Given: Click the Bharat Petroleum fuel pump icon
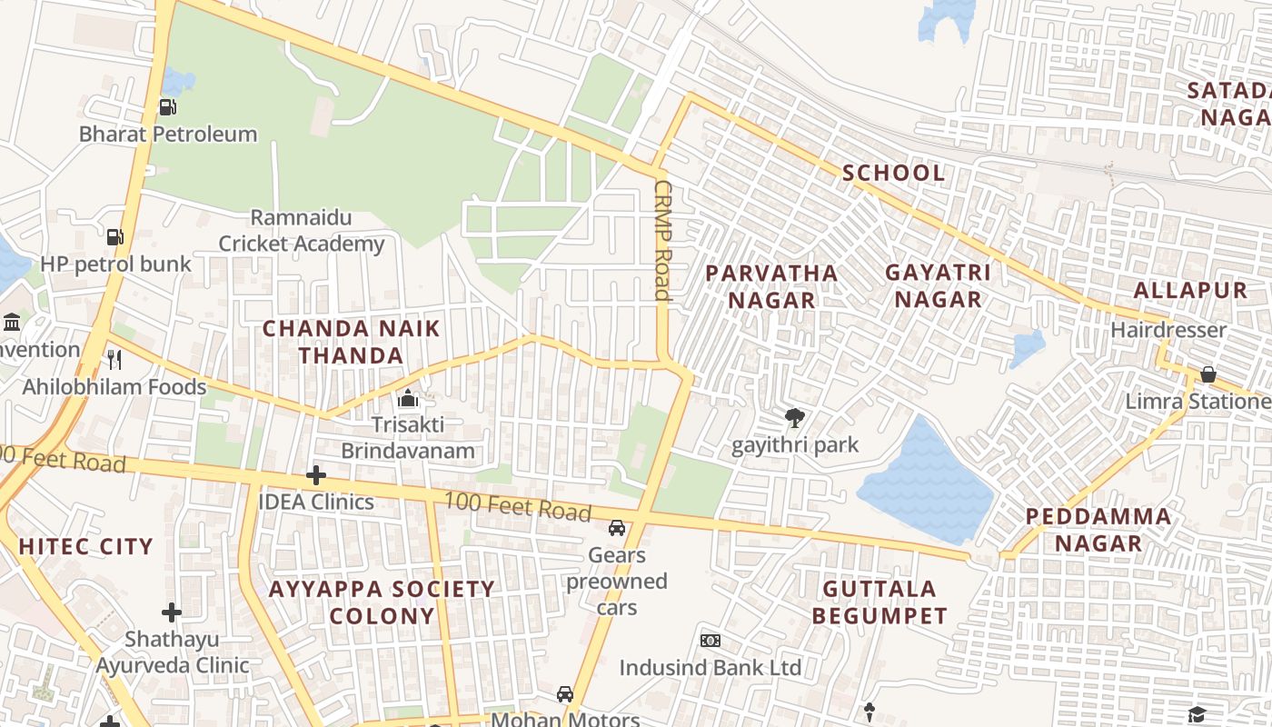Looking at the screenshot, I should pyautogui.click(x=167, y=107).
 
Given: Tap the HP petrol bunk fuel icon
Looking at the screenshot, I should pyautogui.click(x=115, y=237).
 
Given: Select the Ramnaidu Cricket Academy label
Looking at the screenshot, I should pyautogui.click(x=301, y=231).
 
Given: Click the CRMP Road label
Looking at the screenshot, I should pyautogui.click(x=661, y=239).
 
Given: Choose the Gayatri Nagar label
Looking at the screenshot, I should pyautogui.click(x=938, y=285).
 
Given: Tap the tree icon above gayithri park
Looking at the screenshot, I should pyautogui.click(x=795, y=418).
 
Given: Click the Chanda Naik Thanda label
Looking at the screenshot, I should pyautogui.click(x=352, y=342).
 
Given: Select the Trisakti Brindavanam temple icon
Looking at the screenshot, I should pyautogui.click(x=408, y=398).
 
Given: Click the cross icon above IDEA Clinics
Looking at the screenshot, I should pyautogui.click(x=315, y=475).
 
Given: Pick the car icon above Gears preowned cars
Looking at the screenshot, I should pyautogui.click(x=617, y=528).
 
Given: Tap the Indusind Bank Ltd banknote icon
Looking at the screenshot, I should pyautogui.click(x=711, y=641).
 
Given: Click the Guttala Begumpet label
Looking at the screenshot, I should pyautogui.click(x=879, y=602).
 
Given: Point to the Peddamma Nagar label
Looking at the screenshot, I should pyautogui.click(x=1098, y=530).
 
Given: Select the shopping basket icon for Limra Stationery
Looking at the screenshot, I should pyautogui.click(x=1208, y=373).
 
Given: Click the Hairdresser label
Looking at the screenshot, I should pyautogui.click(x=1168, y=330).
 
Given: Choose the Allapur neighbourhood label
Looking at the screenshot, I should pyautogui.click(x=1190, y=291).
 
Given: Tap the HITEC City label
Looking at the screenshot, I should pyautogui.click(x=85, y=546).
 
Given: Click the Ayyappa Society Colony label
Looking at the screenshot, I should pyautogui.click(x=382, y=602).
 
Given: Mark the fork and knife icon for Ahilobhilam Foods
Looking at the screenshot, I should pyautogui.click(x=114, y=359).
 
